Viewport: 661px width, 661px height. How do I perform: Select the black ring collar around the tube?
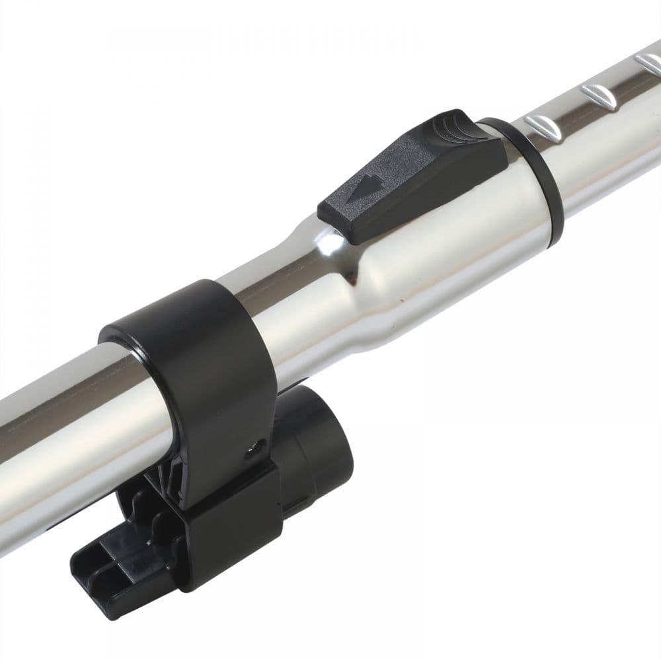pos(539,178)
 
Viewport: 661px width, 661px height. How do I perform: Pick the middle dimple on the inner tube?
pos(599,97)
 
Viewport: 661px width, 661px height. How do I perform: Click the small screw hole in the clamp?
pos(252,451)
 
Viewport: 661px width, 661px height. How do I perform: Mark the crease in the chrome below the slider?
pos(357,278)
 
